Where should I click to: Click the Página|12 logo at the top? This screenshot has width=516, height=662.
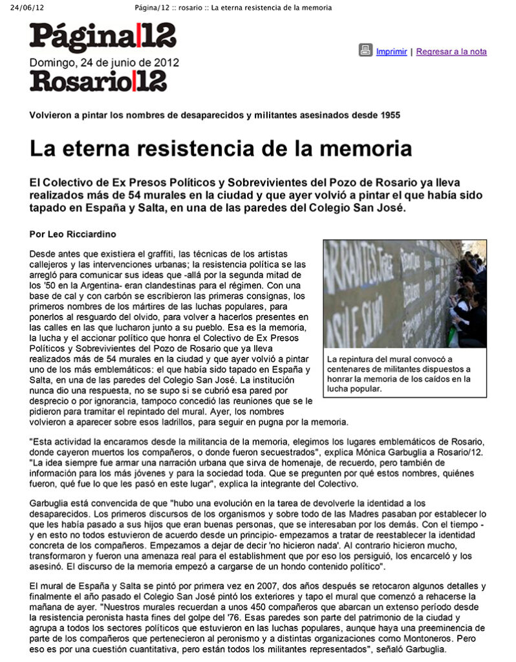pos(103,37)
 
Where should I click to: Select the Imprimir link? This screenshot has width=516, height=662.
pos(391,52)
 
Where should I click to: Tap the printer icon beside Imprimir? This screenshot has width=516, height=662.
pos(366,50)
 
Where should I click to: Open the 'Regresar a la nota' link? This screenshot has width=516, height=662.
pos(451,52)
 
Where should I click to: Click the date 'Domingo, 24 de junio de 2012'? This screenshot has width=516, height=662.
pos(104,63)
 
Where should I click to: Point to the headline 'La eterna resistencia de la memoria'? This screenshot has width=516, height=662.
pos(220,148)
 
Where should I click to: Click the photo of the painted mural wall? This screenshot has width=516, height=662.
pos(405,294)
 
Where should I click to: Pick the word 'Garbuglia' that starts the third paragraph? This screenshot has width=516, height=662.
pos(51,503)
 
